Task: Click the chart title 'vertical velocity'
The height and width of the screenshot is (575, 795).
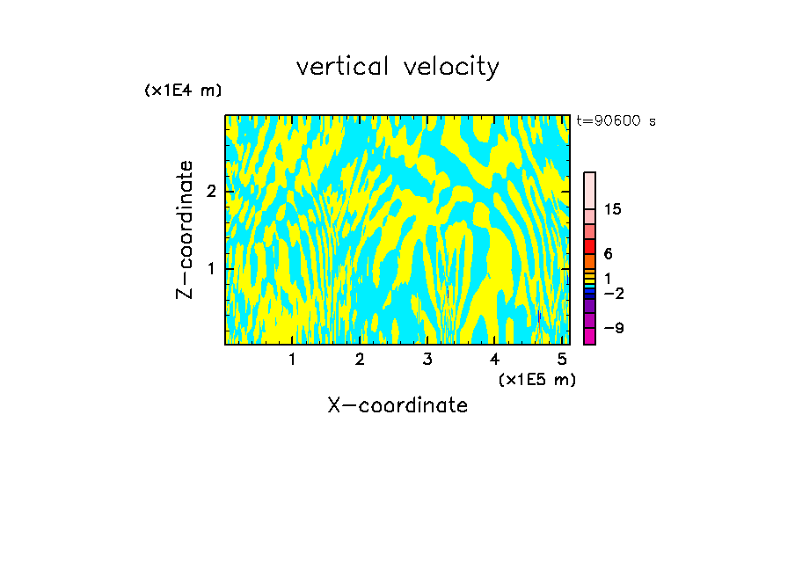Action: [397, 67]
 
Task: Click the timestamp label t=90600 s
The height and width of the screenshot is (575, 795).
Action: [616, 121]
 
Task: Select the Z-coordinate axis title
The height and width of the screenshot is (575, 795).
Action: [185, 229]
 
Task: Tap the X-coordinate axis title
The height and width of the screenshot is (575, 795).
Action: [397, 405]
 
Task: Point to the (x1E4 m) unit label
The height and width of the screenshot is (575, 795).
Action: [183, 91]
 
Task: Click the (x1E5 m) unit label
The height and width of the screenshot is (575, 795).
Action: [537, 379]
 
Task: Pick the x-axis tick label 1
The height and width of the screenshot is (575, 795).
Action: [292, 359]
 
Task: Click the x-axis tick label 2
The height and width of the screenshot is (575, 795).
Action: [360, 359]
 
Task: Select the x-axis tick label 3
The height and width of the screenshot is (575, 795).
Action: [427, 359]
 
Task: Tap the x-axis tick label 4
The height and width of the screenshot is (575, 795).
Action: [494, 359]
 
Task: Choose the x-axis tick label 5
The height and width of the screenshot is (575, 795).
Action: [562, 359]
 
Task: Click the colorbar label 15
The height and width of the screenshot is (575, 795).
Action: [614, 209]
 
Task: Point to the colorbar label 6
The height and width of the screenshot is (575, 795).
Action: [609, 254]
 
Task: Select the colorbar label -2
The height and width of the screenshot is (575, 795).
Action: [613, 292]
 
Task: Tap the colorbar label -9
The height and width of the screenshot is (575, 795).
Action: [613, 328]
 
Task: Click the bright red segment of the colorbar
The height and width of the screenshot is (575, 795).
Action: [590, 246]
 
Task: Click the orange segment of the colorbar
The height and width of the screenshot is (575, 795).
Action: [590, 261]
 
